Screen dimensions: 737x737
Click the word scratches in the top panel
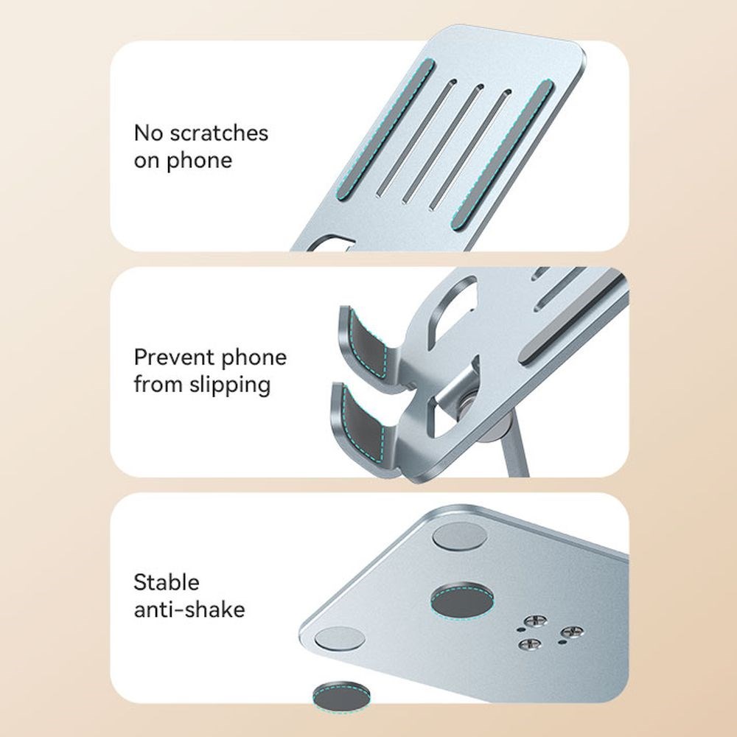(219, 133)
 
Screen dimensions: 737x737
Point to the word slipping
(230, 385)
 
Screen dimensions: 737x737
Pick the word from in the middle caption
(159, 385)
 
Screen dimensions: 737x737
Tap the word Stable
(167, 582)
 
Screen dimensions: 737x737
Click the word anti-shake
(189, 609)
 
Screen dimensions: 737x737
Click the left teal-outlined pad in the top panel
(384, 130)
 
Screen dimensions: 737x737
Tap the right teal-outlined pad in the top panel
(502, 155)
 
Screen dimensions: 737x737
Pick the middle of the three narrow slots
(443, 144)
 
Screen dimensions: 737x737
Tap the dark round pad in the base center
(462, 600)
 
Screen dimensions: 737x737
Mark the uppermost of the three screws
(535, 621)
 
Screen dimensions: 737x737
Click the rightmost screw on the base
(572, 632)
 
